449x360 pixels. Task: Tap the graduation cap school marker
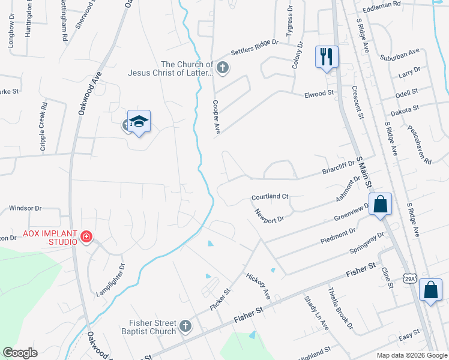click(139, 122)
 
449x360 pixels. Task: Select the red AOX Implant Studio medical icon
click(86, 238)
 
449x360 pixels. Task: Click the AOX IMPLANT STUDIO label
click(50, 238)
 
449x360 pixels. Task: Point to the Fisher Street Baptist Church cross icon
click(185, 327)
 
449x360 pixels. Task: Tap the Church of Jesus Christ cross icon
click(222, 67)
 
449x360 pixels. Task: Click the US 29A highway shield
click(409, 279)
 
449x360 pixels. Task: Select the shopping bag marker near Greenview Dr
click(381, 205)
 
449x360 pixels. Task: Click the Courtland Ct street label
click(270, 197)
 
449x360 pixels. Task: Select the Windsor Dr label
click(25, 208)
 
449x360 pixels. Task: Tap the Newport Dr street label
click(268, 215)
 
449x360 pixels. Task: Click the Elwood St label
click(319, 94)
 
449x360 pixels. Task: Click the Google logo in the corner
click(20, 353)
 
